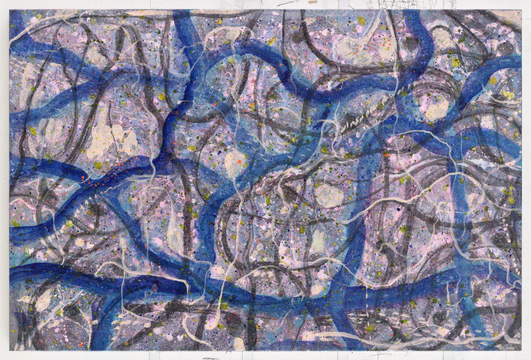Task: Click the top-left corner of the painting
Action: tap(10, 10)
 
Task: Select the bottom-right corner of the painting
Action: tap(522, 350)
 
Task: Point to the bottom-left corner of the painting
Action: tap(10, 350)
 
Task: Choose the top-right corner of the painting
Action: tap(522, 10)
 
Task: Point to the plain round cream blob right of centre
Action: tap(330, 196)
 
